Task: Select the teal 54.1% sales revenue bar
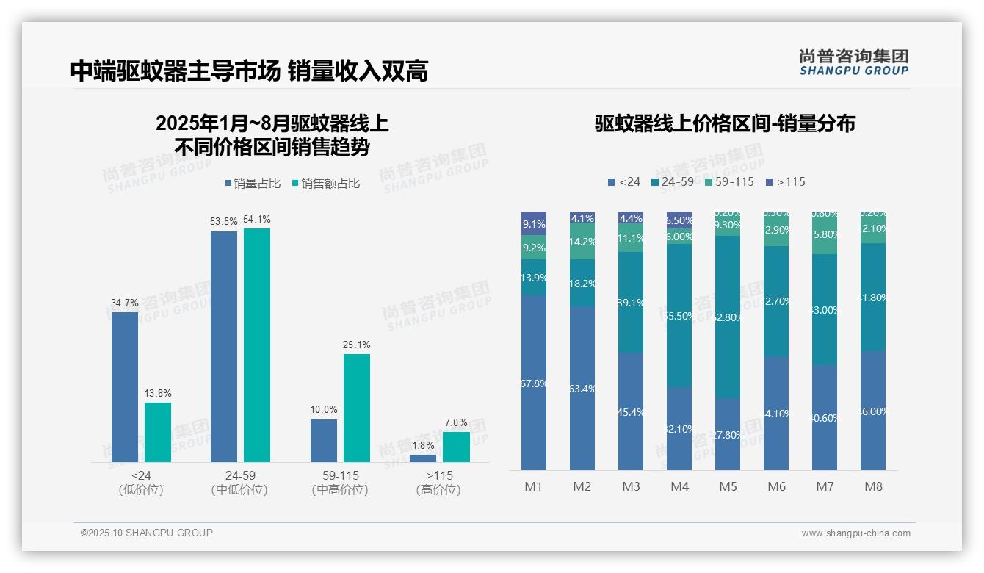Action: [257, 345]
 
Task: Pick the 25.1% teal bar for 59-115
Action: [357, 408]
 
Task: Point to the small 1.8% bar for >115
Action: [423, 458]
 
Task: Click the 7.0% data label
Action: [456, 422]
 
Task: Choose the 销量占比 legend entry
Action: [253, 184]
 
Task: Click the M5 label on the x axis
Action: [728, 486]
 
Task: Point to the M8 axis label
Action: [873, 486]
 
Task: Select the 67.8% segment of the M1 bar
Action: [534, 383]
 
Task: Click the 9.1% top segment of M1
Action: [534, 223]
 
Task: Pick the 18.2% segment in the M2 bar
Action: [582, 283]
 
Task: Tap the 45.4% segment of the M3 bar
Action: [631, 411]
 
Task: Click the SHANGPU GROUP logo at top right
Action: [853, 62]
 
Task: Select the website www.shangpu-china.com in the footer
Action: [855, 533]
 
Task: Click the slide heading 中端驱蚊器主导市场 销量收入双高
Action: [249, 71]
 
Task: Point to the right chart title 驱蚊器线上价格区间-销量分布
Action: [725, 123]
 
